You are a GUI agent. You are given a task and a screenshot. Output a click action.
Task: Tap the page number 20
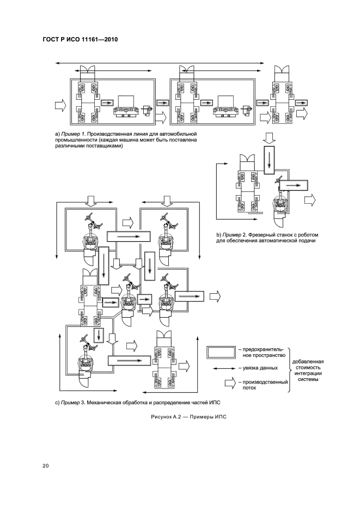46,465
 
